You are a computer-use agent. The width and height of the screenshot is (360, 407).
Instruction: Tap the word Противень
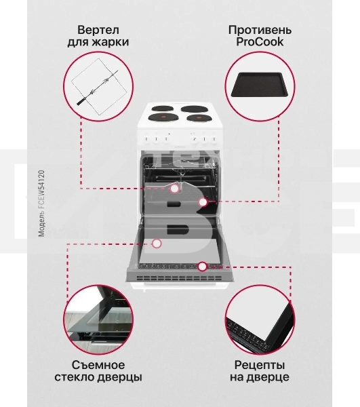[x=260, y=30]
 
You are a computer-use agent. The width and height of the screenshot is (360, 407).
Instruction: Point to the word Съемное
[x=98, y=364]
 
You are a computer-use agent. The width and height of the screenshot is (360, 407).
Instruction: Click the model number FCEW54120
[x=42, y=197]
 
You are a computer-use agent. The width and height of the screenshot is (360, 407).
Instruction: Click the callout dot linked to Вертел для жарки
[x=175, y=188]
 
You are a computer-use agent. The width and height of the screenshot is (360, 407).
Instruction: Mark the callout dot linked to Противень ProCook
[x=203, y=202]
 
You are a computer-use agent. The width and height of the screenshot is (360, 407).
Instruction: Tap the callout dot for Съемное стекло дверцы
[x=157, y=243]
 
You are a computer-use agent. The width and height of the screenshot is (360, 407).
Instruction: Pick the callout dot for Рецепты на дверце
[x=202, y=267]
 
